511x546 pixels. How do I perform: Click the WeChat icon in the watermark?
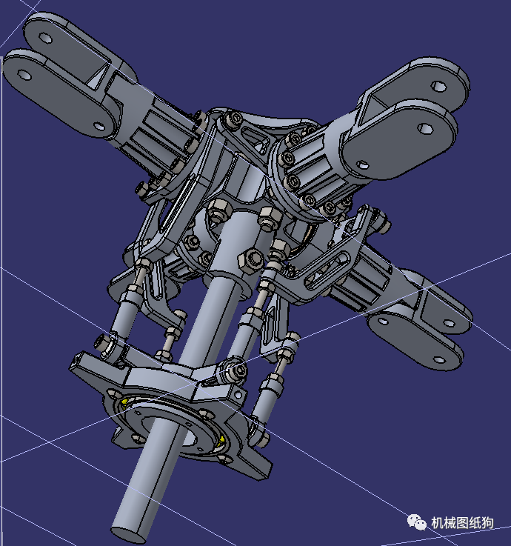coord(416,522)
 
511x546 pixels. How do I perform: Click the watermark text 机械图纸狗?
coord(463,523)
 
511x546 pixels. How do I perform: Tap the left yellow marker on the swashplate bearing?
coord(126,402)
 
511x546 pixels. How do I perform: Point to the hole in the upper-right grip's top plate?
coord(441,87)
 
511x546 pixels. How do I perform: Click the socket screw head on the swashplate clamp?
coord(236,370)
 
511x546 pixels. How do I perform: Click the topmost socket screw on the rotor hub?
coord(236,119)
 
